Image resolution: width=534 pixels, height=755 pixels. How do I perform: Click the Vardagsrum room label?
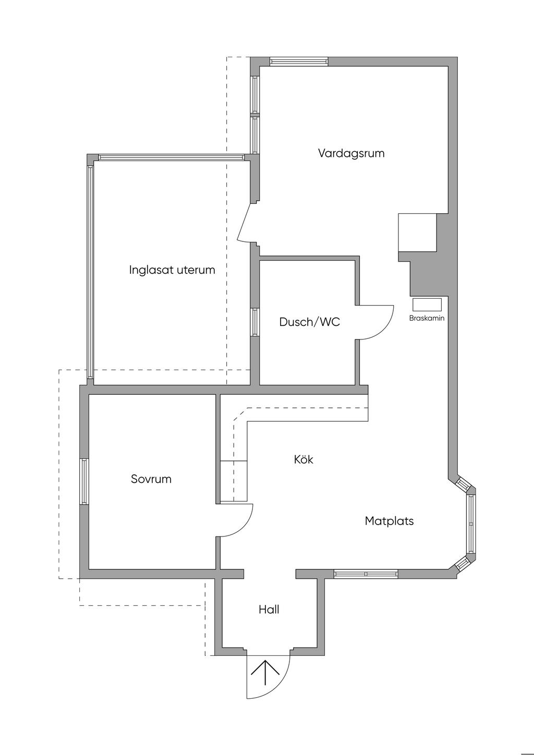pyautogui.click(x=351, y=153)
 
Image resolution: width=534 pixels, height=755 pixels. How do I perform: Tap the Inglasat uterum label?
pyautogui.click(x=172, y=270)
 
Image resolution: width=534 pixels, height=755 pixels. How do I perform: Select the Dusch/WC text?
pyautogui.click(x=309, y=322)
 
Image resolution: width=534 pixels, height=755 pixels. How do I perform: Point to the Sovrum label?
pyautogui.click(x=151, y=479)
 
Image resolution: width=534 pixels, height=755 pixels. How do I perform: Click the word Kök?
pyautogui.click(x=304, y=460)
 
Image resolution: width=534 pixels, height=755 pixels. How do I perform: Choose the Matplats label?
pyautogui.click(x=389, y=521)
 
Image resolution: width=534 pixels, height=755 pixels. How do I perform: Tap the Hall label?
pyautogui.click(x=269, y=610)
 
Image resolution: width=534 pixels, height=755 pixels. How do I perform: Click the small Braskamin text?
pyautogui.click(x=427, y=318)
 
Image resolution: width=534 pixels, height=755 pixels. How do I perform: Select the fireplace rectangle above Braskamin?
pyautogui.click(x=427, y=305)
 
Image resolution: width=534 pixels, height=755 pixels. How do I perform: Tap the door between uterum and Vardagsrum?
pyautogui.click(x=244, y=223)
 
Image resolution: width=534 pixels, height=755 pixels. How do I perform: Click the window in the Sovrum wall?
pyautogui.click(x=84, y=481)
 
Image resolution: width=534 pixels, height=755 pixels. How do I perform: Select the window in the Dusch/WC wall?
pyautogui.click(x=255, y=322)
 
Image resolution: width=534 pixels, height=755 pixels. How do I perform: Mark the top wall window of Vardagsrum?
pyautogui.click(x=299, y=62)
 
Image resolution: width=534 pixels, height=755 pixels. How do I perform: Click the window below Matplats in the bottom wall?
pyautogui.click(x=366, y=574)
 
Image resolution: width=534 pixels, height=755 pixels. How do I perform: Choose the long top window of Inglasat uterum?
pyautogui.click(x=171, y=157)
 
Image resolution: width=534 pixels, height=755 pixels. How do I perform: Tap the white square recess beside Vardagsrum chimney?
pyautogui.click(x=417, y=233)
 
